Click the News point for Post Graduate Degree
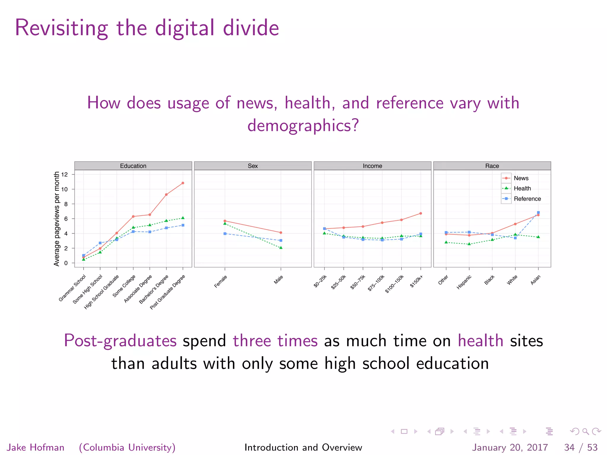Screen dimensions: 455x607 point(183,183)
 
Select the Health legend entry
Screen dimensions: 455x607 point(522,188)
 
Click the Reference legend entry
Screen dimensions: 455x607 point(527,199)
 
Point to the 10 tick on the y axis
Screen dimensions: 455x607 point(64,189)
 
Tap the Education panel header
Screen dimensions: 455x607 point(133,166)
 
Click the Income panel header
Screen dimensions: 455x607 point(372,166)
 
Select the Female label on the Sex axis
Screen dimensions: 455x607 point(221,281)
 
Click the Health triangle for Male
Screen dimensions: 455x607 point(281,248)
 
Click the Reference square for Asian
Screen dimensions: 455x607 point(538,213)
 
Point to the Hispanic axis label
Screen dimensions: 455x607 point(464,282)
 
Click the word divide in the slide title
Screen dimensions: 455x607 point(251,28)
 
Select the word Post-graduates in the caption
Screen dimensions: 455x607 point(120,341)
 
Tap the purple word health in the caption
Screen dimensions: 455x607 point(480,341)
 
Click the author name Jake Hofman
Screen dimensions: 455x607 point(36,447)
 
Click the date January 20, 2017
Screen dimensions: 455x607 point(510,447)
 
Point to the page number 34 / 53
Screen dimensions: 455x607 point(581,447)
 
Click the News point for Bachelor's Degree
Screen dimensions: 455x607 point(166,195)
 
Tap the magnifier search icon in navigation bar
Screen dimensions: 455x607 point(585,431)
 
